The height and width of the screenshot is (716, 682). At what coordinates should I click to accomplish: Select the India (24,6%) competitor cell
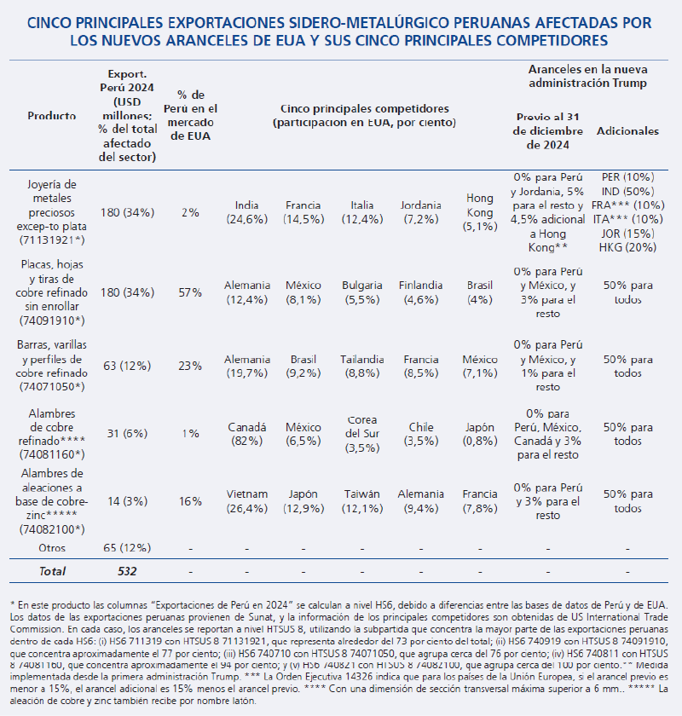coord(247,212)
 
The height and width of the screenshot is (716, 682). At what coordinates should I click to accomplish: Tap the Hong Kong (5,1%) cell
coord(480,212)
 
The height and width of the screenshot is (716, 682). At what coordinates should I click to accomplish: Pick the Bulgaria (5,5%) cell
coord(362,292)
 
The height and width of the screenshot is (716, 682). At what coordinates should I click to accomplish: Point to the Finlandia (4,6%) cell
coord(421,292)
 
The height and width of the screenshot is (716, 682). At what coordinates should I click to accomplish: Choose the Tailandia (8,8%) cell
coord(362,366)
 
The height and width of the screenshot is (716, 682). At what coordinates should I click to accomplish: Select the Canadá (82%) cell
coord(247,434)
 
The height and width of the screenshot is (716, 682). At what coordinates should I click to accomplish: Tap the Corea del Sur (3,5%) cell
coord(362,434)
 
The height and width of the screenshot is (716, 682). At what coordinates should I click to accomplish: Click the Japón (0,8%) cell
coord(480,434)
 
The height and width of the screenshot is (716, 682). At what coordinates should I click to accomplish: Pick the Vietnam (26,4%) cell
coord(247,501)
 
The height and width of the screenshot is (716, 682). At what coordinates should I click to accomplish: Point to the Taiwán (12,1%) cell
coord(362,501)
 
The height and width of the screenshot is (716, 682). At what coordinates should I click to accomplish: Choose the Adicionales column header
coord(627,132)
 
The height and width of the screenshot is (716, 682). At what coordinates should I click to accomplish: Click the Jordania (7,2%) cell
coord(421,212)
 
